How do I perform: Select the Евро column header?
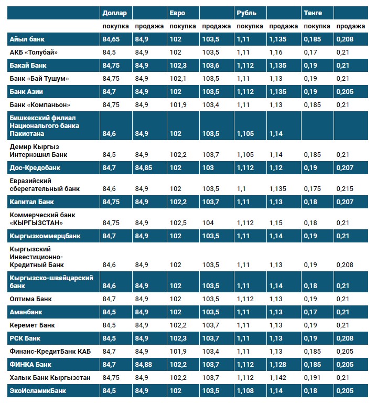coord(177,13)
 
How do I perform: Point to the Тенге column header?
coord(313,13)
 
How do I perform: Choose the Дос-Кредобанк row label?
coord(35,168)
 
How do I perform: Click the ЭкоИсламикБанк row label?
coord(38,390)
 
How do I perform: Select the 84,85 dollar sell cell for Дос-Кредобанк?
coord(144,168)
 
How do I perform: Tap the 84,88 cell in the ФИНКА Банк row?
coord(144,364)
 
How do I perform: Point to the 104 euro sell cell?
coord(208,222)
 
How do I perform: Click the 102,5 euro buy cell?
coord(179,222)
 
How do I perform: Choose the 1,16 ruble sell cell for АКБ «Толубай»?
coord(276,52)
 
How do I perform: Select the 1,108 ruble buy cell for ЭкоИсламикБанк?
coord(245,390)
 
